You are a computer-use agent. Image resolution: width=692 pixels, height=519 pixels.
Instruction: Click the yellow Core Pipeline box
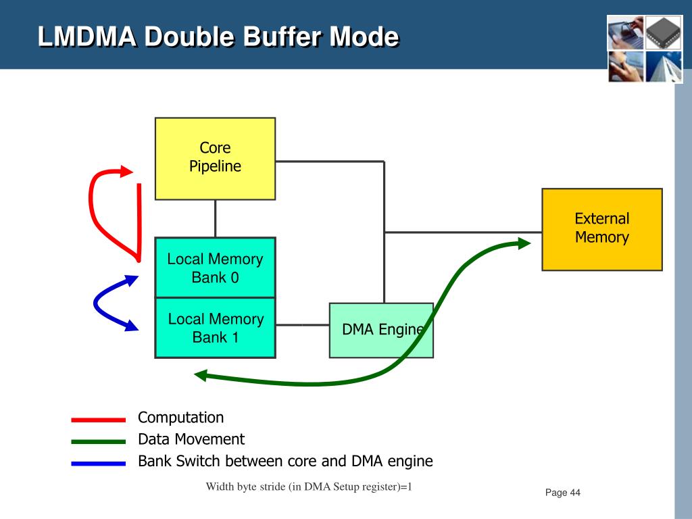[x=215, y=158]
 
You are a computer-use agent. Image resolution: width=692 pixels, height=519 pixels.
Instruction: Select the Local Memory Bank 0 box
[x=215, y=268]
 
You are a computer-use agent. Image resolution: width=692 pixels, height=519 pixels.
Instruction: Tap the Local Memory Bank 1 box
[x=215, y=328]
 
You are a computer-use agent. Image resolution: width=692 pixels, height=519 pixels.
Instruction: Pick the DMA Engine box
[x=381, y=330]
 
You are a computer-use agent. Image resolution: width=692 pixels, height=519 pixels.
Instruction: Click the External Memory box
[x=602, y=230]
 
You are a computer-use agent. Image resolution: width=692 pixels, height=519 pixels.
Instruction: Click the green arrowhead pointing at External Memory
[x=524, y=243]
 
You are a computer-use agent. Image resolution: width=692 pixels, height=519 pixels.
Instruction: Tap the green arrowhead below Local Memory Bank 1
[x=201, y=376]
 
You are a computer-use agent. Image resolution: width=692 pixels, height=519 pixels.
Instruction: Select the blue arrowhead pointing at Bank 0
[x=132, y=280]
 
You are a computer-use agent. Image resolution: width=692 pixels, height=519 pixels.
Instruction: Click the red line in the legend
[x=99, y=420]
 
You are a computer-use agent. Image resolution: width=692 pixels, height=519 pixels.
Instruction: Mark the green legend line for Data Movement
[x=99, y=441]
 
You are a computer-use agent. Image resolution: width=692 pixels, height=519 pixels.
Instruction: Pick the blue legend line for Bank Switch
[x=99, y=464]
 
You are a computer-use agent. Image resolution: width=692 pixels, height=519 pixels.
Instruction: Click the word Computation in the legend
[x=180, y=418]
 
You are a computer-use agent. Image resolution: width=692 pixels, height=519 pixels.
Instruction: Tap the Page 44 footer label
[x=563, y=493]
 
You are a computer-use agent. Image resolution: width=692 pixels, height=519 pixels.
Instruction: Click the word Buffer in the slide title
[x=282, y=36]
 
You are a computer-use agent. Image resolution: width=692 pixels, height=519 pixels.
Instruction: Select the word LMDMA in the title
[x=86, y=36]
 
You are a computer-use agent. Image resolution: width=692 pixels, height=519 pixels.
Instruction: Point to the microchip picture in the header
[x=664, y=32]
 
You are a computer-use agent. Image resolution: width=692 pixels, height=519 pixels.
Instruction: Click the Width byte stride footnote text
[x=308, y=487]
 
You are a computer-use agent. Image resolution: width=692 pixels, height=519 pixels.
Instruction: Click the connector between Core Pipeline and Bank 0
[x=216, y=219]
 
